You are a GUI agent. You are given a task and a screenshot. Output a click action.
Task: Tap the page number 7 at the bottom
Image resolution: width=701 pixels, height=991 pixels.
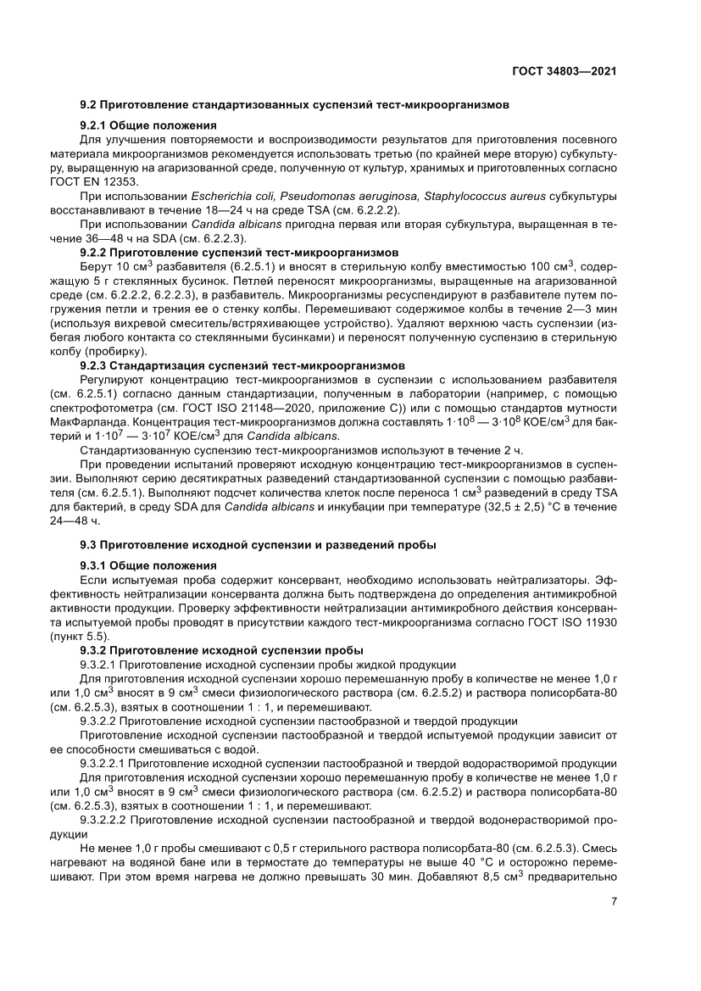(613, 901)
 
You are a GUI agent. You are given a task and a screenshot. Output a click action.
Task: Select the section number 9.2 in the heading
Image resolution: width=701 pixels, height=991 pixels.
(88, 106)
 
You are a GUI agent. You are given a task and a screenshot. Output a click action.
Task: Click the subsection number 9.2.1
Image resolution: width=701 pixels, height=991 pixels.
(94, 125)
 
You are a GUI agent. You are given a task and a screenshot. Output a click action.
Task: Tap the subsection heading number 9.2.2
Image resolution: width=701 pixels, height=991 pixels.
(94, 253)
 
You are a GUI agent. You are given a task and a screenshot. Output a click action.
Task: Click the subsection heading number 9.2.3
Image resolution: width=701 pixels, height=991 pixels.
(94, 365)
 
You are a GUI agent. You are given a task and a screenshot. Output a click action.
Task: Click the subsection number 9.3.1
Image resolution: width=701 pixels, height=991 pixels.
(94, 565)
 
